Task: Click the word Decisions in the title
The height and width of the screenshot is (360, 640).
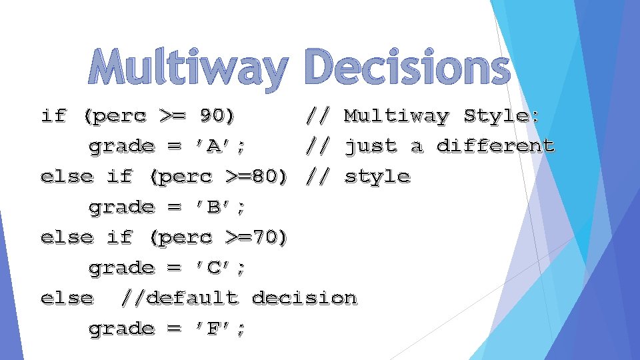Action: click(x=407, y=69)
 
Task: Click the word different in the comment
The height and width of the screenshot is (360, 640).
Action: click(x=495, y=146)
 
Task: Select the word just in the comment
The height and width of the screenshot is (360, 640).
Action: click(x=370, y=146)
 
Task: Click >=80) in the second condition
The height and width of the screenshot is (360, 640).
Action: click(x=257, y=177)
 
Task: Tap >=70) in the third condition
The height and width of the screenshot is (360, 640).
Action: click(x=257, y=237)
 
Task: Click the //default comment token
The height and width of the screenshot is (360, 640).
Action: click(x=179, y=297)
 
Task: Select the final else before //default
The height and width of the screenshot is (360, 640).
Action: click(x=67, y=297)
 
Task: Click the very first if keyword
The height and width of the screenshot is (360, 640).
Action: click(x=53, y=116)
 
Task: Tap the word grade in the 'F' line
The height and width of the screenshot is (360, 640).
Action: click(x=121, y=328)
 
